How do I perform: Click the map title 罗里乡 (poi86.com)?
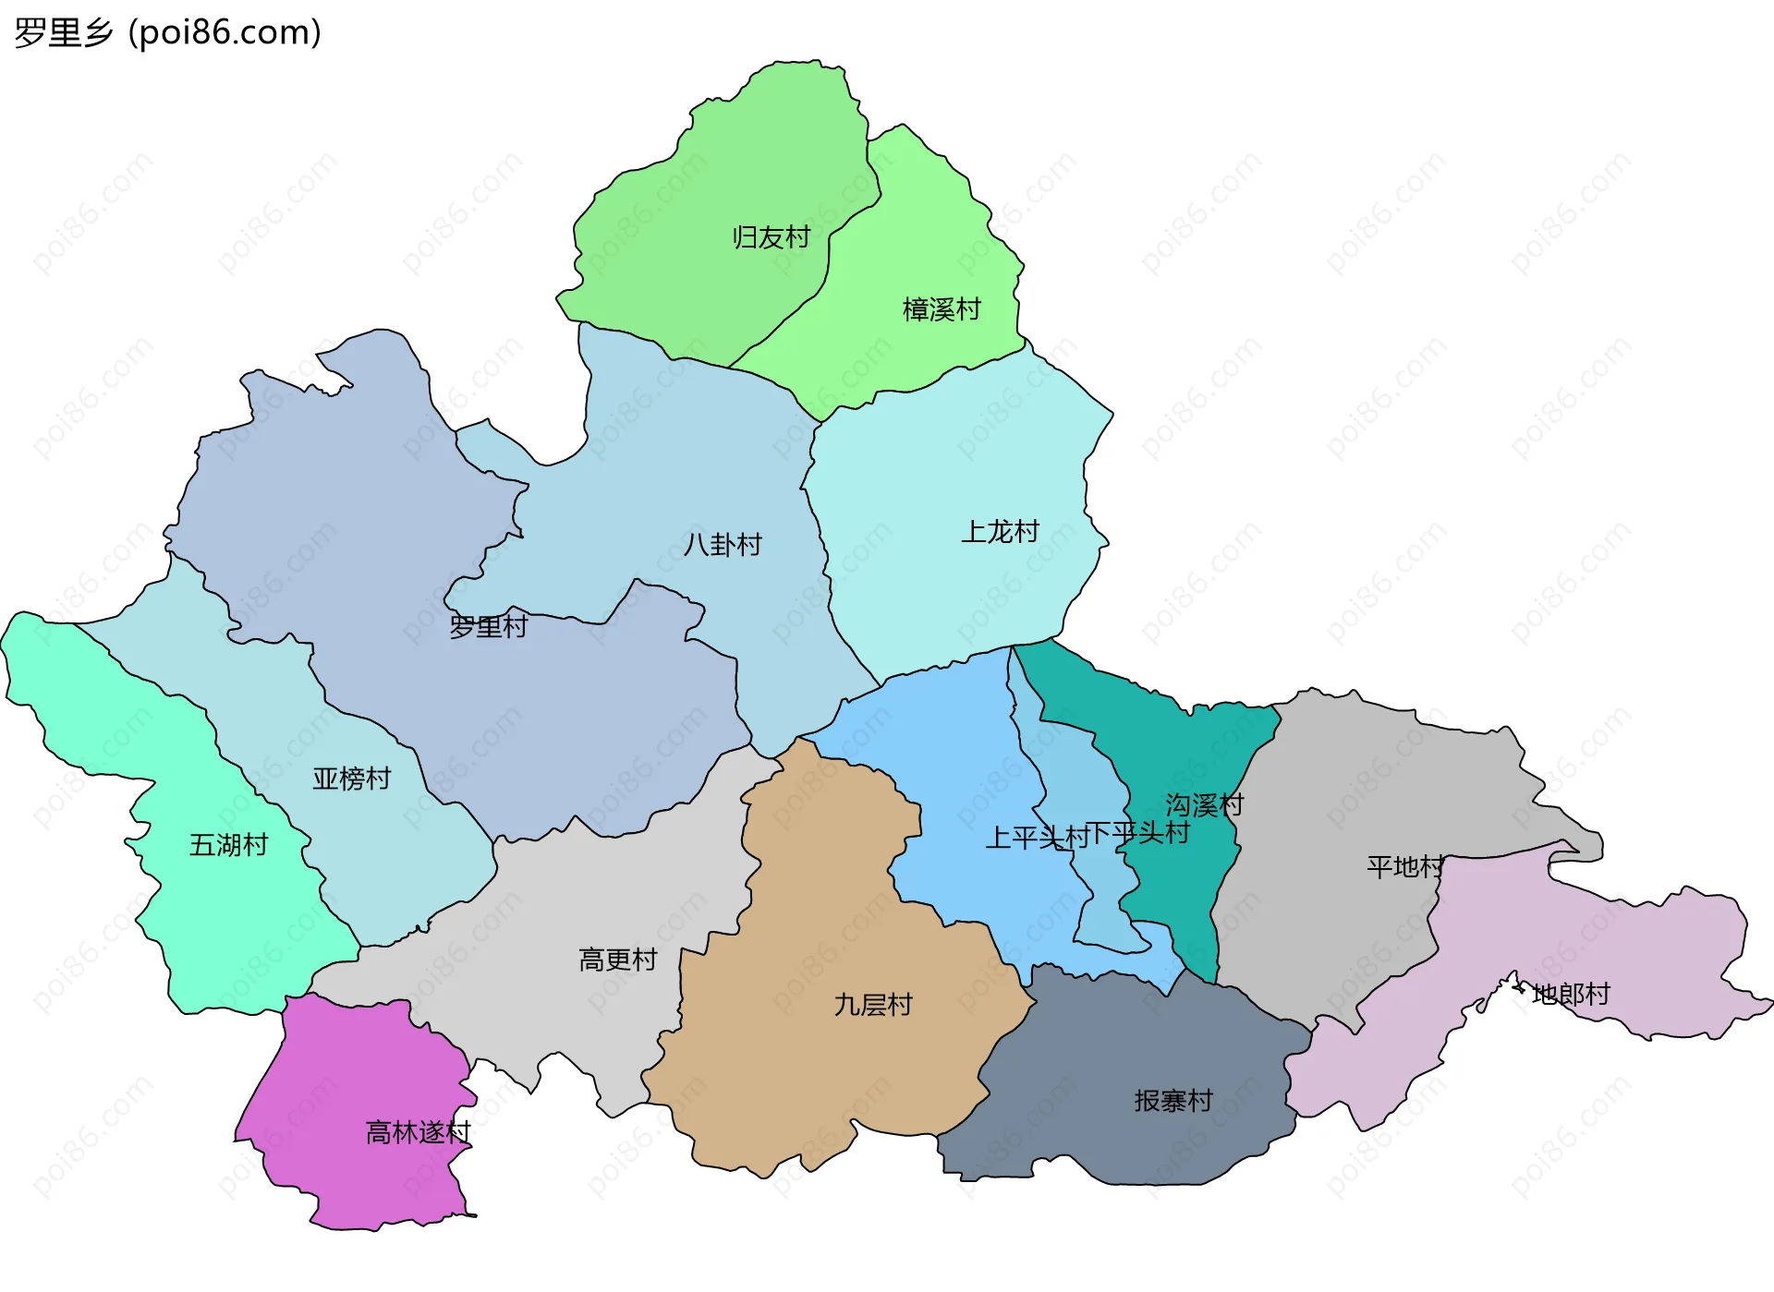tap(167, 33)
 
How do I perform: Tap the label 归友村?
tap(771, 237)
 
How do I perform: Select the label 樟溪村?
tap(941, 309)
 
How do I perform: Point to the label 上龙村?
tap(1000, 532)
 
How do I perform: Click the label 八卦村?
tap(723, 545)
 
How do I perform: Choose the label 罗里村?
tap(488, 627)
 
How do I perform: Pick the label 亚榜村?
tap(351, 779)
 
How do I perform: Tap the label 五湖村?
tap(228, 845)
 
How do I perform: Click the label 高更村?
tap(617, 960)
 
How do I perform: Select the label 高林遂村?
tap(418, 1132)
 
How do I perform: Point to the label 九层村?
tap(873, 1005)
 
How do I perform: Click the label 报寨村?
tap(1173, 1101)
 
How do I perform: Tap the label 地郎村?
tap(1571, 995)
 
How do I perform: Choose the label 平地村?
tap(1404, 867)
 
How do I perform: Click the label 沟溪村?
tap(1204, 805)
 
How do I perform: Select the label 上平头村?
tap(1037, 838)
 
